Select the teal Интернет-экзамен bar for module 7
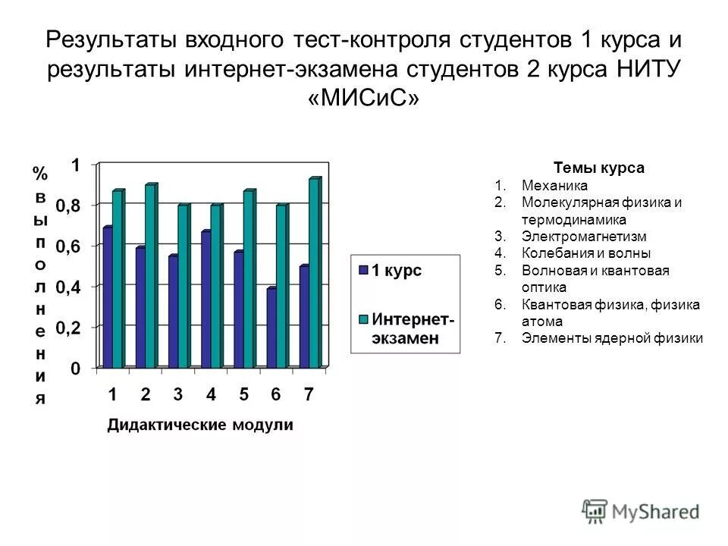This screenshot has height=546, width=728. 314,273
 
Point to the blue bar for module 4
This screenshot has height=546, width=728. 205,300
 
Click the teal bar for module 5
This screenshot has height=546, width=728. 248,279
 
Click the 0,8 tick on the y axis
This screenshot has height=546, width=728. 79,205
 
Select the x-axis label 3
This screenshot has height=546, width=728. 177,394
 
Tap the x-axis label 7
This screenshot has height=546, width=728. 309,394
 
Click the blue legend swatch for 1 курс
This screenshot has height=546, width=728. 363,271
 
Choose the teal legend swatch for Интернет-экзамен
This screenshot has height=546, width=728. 363,318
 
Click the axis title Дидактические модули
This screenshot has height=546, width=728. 199,425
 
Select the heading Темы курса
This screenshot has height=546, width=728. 599,168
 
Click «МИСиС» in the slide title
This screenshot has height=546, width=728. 364,99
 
